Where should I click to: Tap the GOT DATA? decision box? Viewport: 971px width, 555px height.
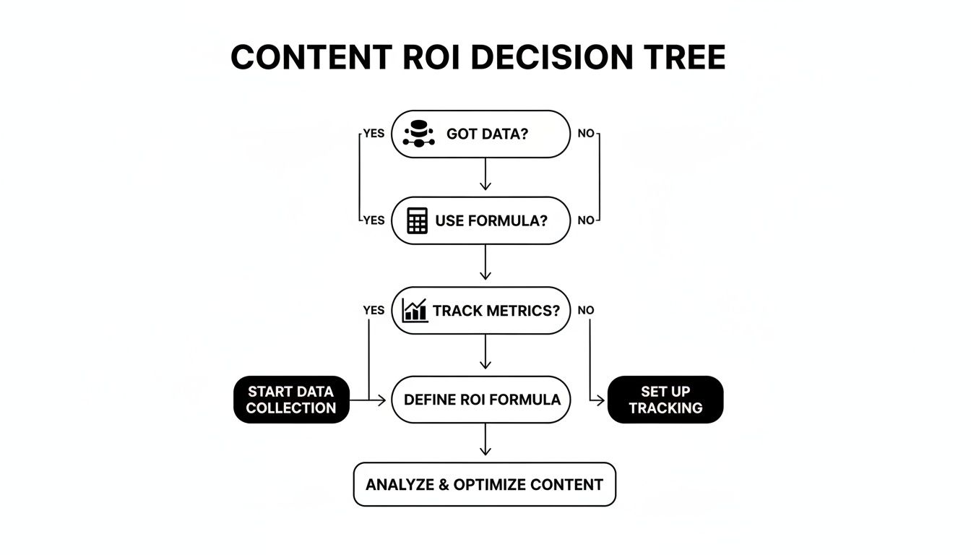pyautogui.click(x=480, y=134)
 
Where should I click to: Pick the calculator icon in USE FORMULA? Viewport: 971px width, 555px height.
pyautogui.click(x=417, y=220)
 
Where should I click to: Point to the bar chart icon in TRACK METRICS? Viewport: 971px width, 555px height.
pyautogui.click(x=415, y=311)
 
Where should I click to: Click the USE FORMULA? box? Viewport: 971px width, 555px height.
pyautogui.click(x=480, y=220)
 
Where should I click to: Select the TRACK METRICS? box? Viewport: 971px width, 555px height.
pyautogui.click(x=480, y=311)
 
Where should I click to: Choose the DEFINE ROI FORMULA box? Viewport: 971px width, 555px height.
pyautogui.click(x=481, y=400)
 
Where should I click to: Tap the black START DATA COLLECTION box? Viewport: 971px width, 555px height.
pyautogui.click(x=291, y=400)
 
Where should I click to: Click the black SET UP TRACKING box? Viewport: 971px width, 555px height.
pyautogui.click(x=665, y=400)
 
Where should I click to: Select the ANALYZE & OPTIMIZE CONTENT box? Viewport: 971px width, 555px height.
pyautogui.click(x=484, y=484)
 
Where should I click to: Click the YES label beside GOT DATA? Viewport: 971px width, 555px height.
pyautogui.click(x=373, y=134)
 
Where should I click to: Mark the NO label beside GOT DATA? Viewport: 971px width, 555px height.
pyautogui.click(x=586, y=134)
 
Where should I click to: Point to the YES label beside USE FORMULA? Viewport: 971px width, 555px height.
pyautogui.click(x=373, y=220)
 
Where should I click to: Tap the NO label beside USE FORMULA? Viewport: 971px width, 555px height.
pyautogui.click(x=586, y=220)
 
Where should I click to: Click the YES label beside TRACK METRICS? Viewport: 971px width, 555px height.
pyautogui.click(x=373, y=310)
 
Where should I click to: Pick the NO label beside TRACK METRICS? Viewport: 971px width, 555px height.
pyautogui.click(x=586, y=310)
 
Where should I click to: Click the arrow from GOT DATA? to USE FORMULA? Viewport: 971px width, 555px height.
pyautogui.click(x=485, y=175)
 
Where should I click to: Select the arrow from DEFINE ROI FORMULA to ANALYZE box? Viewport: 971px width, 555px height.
pyautogui.click(x=485, y=440)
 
